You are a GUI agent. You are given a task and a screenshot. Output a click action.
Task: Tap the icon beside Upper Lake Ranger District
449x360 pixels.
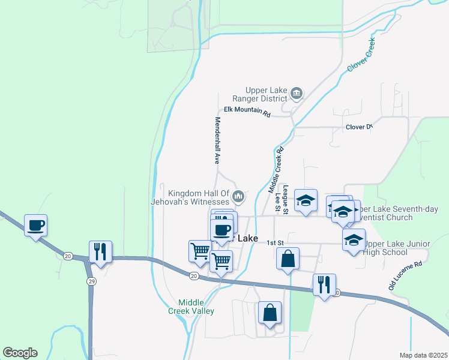coord(296,93)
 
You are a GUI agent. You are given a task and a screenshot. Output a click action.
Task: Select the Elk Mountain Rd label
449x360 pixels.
coord(247,111)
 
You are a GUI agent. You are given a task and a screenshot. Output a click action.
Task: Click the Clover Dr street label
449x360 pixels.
coord(359,127)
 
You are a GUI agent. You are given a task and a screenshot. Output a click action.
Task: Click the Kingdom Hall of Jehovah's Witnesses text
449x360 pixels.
coord(199,197)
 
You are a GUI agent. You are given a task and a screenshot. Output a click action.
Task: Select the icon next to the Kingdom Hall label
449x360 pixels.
coord(238,196)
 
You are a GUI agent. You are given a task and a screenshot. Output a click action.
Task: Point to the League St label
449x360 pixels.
coord(286,200)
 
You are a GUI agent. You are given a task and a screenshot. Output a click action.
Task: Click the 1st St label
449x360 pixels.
coord(275,243)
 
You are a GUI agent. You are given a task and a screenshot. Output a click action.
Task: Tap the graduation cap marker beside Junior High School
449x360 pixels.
coord(354,239)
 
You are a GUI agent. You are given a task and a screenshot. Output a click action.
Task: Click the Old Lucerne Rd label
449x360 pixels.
coord(406,275)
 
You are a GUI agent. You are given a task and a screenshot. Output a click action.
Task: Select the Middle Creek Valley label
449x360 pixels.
coord(196,307)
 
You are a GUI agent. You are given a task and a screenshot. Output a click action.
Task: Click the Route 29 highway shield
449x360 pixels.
coord(91,281)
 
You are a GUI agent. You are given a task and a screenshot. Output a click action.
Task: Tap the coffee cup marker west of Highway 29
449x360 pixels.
coord(36,226)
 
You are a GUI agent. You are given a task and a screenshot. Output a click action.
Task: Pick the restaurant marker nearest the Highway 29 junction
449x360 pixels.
coord(101,251)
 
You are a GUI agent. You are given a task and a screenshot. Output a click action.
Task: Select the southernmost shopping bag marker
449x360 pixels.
coord(270,313)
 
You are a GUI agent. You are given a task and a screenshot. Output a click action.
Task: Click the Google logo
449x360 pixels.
coord(20,353)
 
